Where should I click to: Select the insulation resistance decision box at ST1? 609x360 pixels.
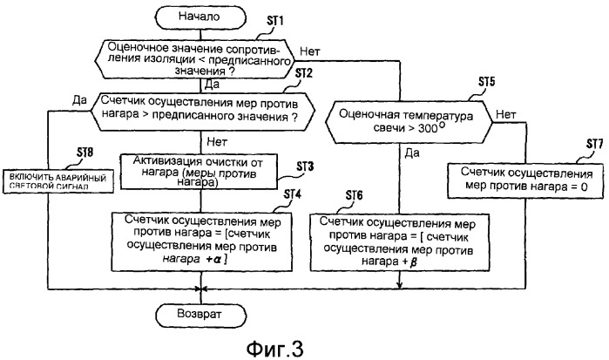pos(202,58)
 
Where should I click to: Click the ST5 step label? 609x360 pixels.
pos(488,83)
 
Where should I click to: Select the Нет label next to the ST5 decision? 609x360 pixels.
pos(505,112)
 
